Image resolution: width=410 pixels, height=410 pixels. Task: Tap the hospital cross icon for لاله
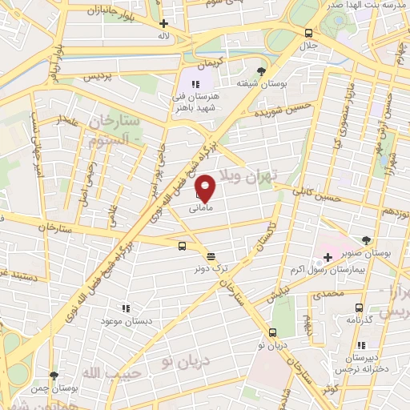click(164, 24)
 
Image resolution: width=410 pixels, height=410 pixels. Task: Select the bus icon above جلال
click(309, 33)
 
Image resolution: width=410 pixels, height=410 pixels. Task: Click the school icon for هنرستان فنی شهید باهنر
click(195, 83)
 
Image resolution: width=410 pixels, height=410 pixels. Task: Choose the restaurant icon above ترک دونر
click(211, 256)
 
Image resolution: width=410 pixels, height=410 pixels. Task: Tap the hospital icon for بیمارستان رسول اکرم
click(327, 259)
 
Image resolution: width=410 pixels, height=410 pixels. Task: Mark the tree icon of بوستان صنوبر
click(367, 240)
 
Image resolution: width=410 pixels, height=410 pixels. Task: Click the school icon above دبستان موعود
click(124, 307)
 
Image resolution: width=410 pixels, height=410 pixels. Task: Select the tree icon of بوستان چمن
click(54, 375)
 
